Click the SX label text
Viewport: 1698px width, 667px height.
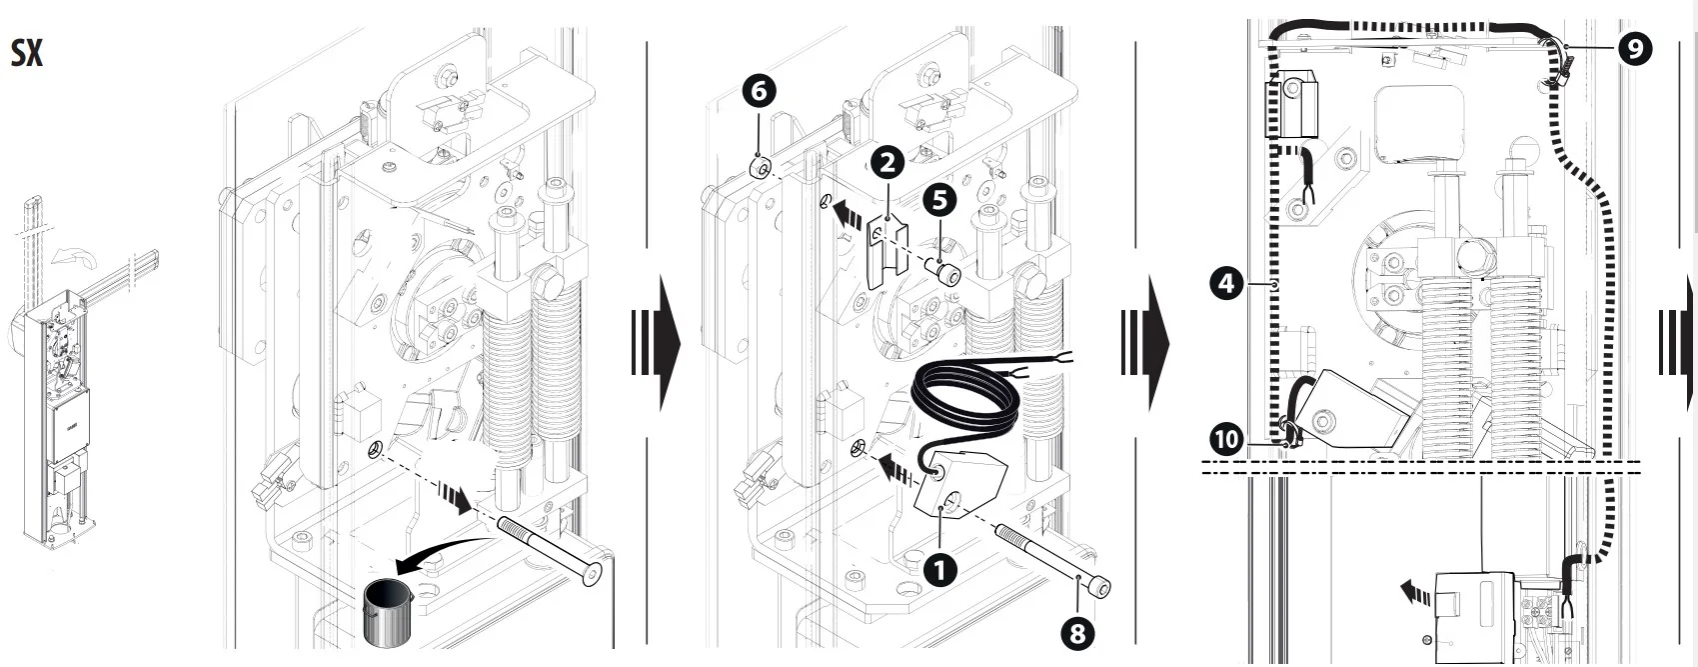(27, 53)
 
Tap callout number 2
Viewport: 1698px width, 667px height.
(887, 162)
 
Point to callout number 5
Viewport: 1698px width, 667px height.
(939, 200)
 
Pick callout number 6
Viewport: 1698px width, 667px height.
(759, 91)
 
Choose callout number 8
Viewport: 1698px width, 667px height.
(1076, 632)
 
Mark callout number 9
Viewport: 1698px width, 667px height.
(1634, 48)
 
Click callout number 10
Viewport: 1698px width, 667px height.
(1226, 438)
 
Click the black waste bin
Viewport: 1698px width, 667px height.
(387, 612)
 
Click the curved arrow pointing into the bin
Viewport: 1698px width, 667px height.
(440, 554)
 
